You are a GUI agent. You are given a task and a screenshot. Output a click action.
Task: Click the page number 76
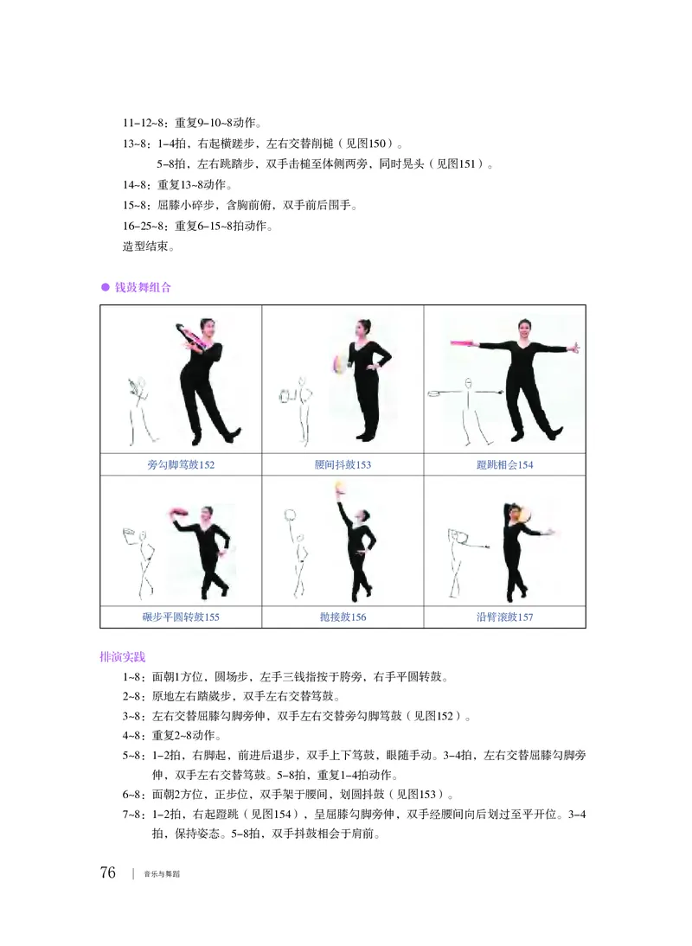[108, 872]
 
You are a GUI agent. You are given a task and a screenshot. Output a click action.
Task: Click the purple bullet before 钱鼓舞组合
[106, 287]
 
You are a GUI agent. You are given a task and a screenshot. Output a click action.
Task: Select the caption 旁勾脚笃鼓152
[181, 465]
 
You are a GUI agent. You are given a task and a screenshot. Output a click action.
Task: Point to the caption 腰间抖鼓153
[343, 465]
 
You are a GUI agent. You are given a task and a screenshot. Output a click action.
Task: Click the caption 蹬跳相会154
[504, 465]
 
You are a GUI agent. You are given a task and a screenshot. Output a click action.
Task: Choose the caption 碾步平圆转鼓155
[181, 617]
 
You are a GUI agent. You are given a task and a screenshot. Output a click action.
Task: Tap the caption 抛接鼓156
[343, 617]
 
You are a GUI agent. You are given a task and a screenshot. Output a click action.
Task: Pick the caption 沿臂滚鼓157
[504, 617]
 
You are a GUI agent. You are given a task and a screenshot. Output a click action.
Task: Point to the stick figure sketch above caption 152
[138, 407]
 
